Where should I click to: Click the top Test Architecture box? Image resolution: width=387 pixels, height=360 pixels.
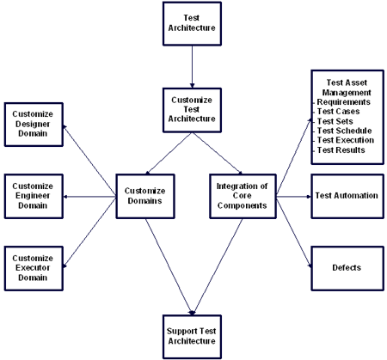[x=192, y=24]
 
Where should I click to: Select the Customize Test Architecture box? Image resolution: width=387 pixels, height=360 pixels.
[x=192, y=110]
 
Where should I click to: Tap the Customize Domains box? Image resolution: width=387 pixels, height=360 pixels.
[x=145, y=197]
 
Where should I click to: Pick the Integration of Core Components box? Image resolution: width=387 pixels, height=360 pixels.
[x=243, y=197]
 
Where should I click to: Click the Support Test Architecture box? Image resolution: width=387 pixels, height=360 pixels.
[x=192, y=337]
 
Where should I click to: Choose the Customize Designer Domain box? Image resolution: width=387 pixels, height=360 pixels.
[x=34, y=125]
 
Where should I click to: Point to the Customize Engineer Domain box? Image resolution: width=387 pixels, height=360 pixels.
[x=34, y=197]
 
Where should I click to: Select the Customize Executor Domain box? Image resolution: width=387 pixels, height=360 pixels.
[x=34, y=269]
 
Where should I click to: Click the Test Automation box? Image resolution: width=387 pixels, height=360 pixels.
[x=347, y=197]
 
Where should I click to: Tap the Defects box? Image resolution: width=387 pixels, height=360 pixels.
[x=347, y=269]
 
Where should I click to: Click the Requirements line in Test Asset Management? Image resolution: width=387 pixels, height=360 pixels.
[x=343, y=102]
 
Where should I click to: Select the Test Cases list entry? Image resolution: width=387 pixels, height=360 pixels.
[x=338, y=112]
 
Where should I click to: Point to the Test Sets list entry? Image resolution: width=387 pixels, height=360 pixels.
[x=335, y=121]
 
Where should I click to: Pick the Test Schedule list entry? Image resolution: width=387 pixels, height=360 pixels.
[x=344, y=131]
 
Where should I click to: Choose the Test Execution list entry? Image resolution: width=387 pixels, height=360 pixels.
[x=346, y=140]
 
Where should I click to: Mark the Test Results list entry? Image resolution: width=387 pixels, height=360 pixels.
[x=341, y=150]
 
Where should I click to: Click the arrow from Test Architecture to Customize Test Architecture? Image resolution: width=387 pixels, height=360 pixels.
[x=192, y=67]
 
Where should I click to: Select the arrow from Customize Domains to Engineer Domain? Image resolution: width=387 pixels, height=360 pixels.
[x=89, y=197]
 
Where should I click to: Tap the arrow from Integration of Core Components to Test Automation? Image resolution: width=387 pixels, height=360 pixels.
[x=294, y=197]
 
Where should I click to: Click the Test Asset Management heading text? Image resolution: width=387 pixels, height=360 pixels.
[x=347, y=88]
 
